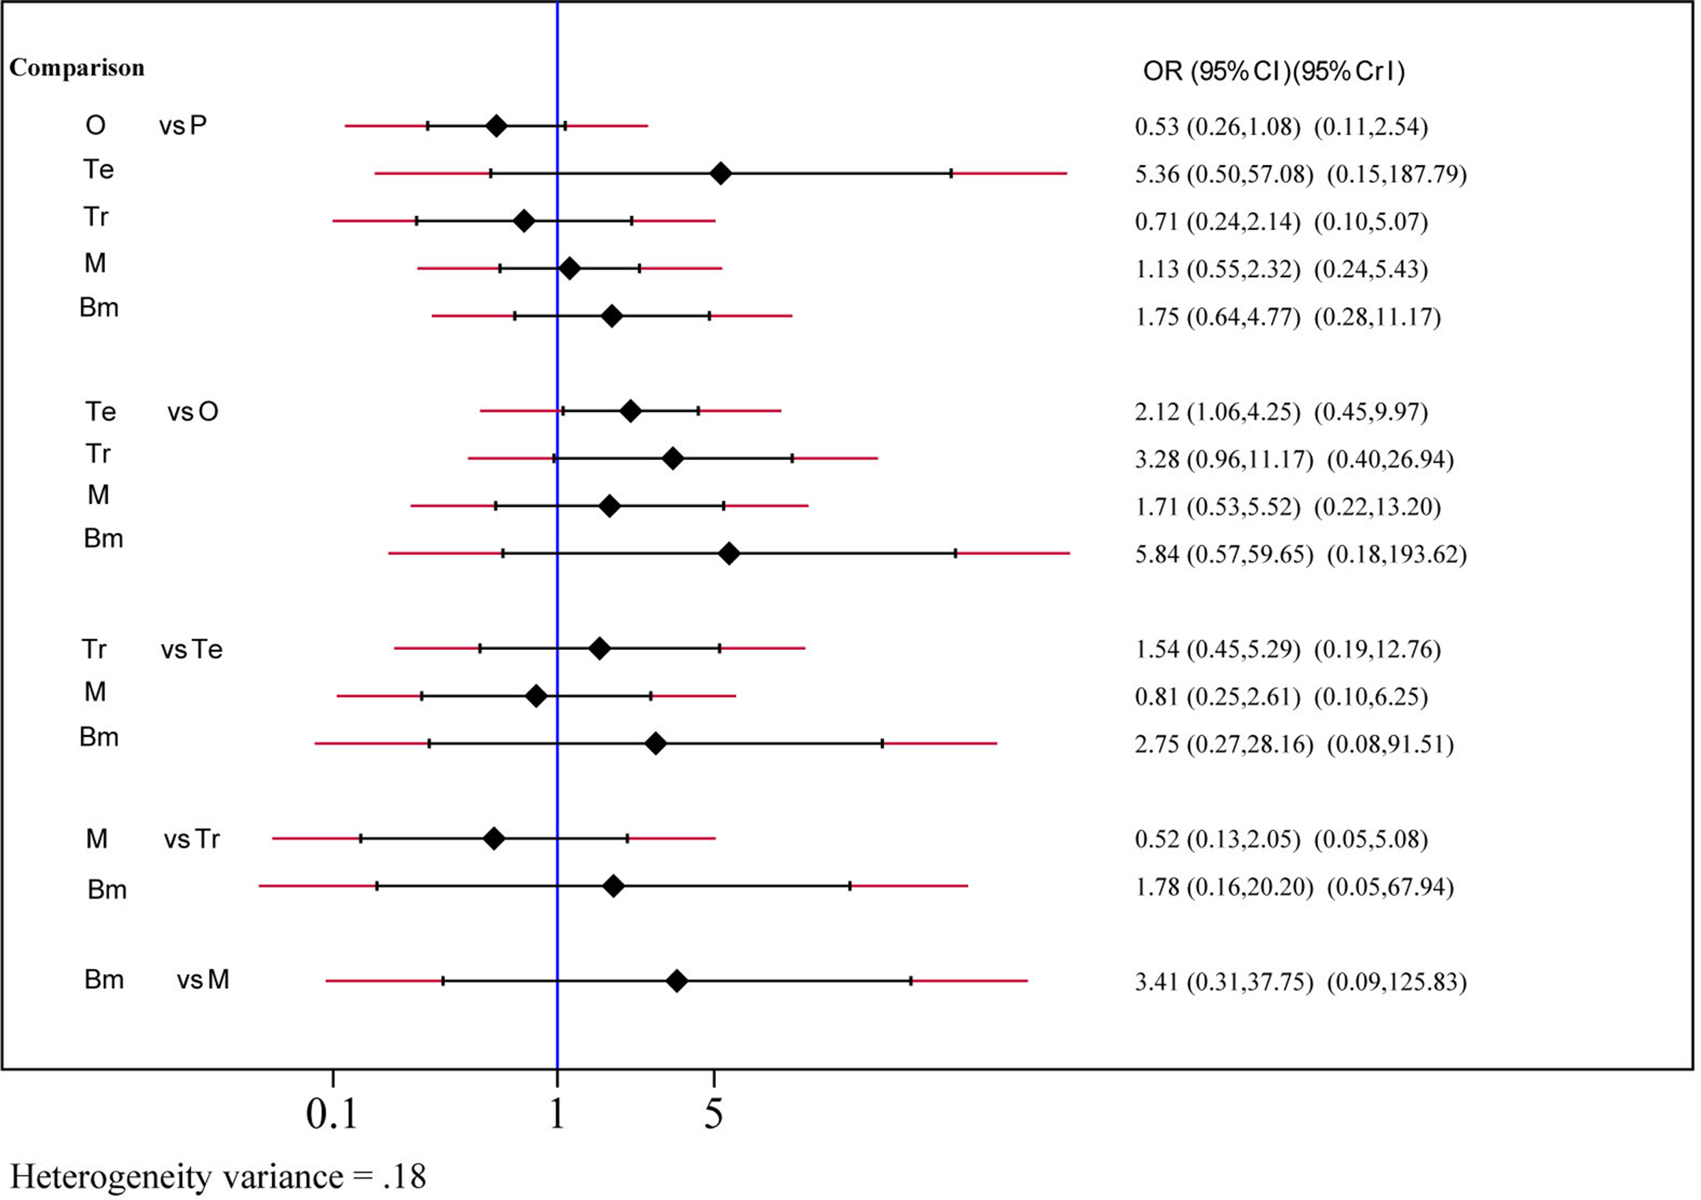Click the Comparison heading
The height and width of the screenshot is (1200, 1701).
click(x=76, y=67)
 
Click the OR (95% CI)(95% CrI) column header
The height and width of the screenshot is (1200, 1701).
click(x=1273, y=71)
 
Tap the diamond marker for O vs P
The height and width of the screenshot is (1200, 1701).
click(x=497, y=126)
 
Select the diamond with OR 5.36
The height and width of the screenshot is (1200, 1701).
click(x=720, y=174)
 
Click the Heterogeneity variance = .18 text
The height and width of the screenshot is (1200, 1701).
click(x=218, y=1176)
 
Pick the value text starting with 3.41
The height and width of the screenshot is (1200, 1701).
click(x=1300, y=982)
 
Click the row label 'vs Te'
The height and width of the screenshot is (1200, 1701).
click(x=191, y=650)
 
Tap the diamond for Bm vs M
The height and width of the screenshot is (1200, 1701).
click(x=676, y=982)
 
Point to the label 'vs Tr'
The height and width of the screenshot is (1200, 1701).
click(x=191, y=840)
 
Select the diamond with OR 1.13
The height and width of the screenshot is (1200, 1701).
click(x=569, y=269)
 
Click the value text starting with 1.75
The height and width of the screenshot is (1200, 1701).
click(x=1287, y=317)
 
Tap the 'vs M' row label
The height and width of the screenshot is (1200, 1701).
click(x=202, y=981)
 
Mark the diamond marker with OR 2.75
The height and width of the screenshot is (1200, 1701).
click(x=655, y=743)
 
